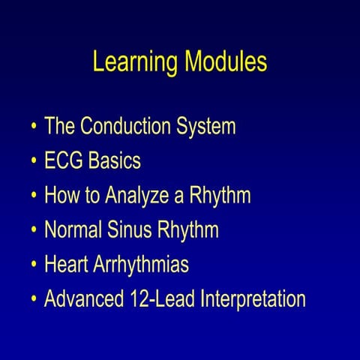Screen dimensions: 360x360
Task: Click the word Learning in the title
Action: [x=133, y=63]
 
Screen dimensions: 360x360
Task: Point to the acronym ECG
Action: [x=64, y=161]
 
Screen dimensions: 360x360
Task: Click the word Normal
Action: [x=72, y=230]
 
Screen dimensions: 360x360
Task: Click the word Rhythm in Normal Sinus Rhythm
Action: [x=187, y=230]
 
